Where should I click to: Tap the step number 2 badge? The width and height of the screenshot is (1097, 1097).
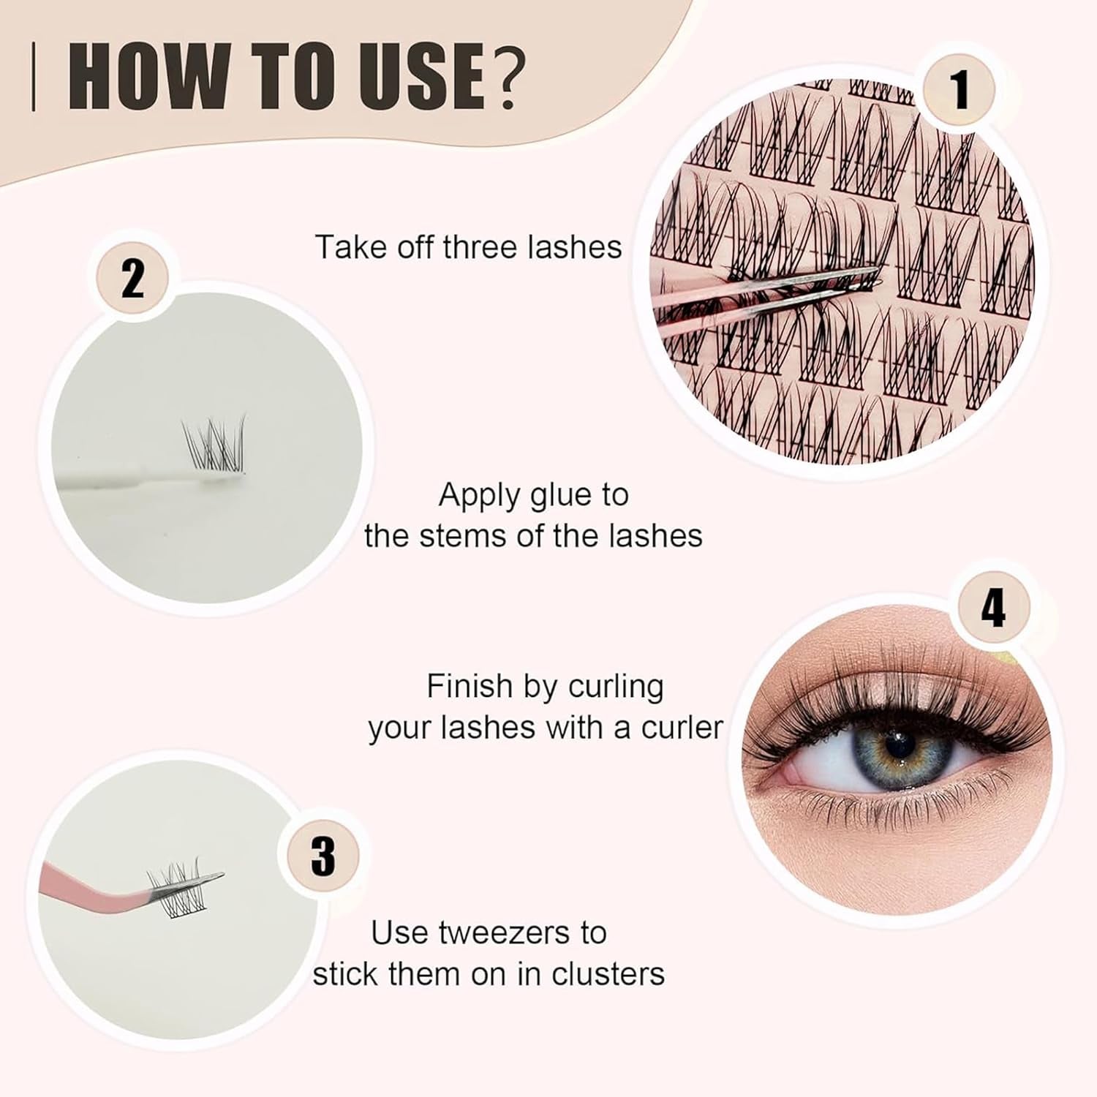(x=132, y=279)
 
